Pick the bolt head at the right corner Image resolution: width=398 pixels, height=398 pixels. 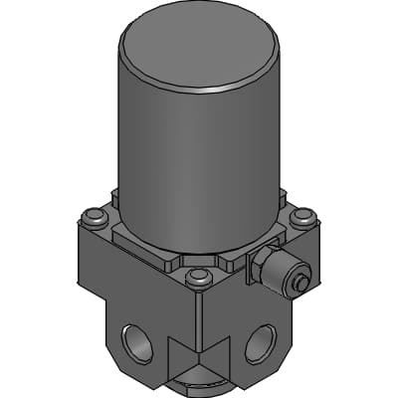[x=302, y=215]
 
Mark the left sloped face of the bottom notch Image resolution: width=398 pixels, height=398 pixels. [x=186, y=358]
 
